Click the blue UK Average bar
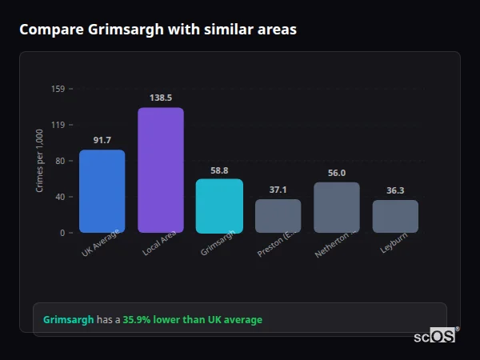(102, 191)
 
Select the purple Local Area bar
(161, 170)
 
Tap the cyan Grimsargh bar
(219, 206)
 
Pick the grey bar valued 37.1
(278, 216)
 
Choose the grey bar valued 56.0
(337, 207)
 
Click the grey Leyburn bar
(395, 216)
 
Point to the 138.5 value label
(161, 98)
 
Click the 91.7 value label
(102, 140)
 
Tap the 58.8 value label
(219, 170)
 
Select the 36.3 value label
(395, 190)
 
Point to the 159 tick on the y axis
(58, 89)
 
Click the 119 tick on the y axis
(58, 125)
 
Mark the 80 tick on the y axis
(59, 161)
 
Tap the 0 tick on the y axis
(62, 233)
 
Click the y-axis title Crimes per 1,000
(40, 161)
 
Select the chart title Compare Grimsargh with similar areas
(158, 30)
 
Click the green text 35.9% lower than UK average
(192, 320)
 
